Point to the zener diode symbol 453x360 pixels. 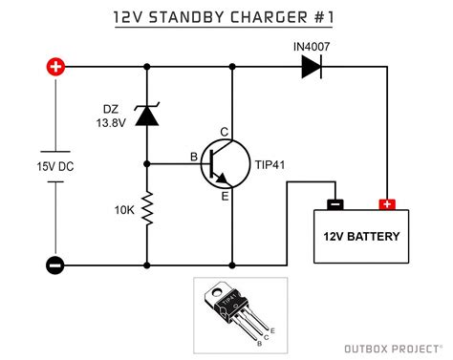[146, 115]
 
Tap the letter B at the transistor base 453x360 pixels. [193, 156]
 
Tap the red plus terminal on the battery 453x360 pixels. [387, 203]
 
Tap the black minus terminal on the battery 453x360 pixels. [334, 203]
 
